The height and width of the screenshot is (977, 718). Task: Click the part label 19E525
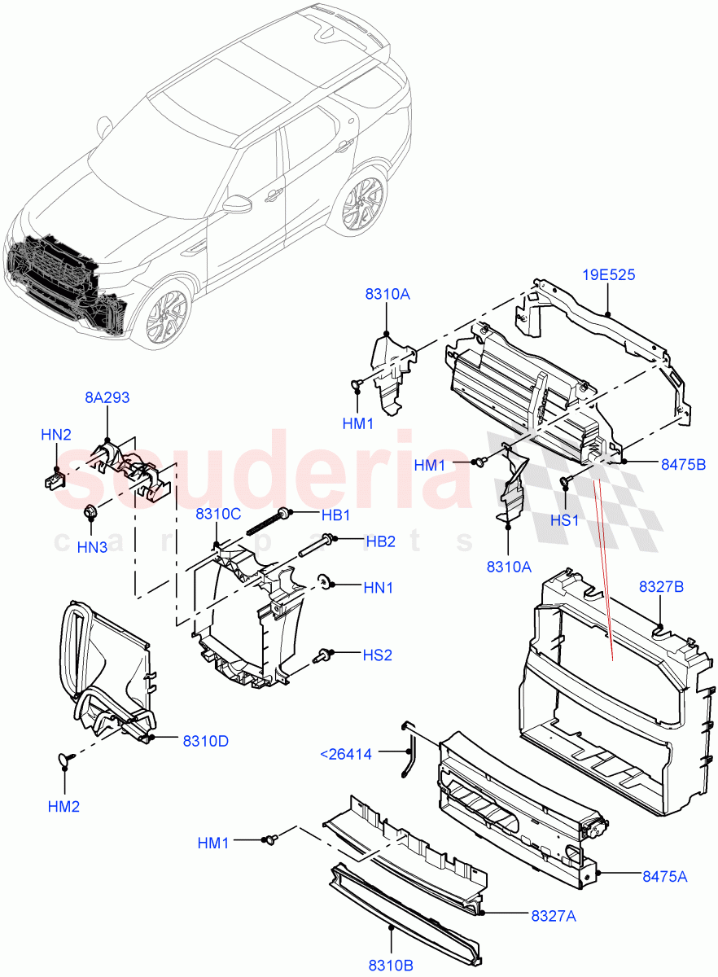point(608,275)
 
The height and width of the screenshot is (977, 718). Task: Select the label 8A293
point(107,397)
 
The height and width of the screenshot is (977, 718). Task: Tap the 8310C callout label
point(217,514)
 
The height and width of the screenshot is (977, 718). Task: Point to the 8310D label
point(205,741)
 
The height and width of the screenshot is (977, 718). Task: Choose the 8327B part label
point(660,586)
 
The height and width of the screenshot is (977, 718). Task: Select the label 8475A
point(664,876)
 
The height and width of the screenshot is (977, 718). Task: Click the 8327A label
point(554,917)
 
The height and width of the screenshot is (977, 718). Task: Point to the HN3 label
point(92,548)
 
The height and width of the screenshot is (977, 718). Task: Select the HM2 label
point(63,806)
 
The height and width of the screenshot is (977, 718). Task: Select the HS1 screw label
point(564,519)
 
